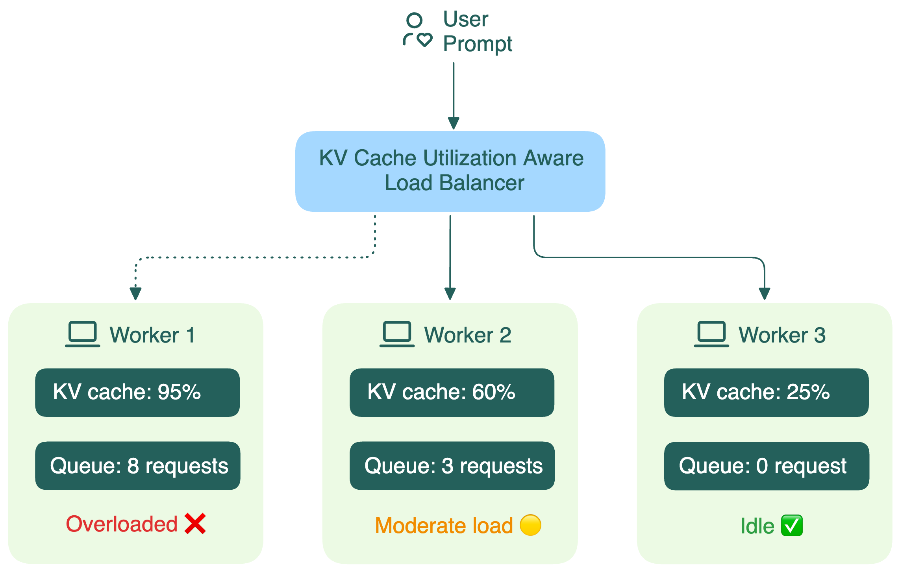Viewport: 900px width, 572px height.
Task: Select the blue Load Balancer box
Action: pos(450,172)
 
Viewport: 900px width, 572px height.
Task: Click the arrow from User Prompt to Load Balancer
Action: pos(454,94)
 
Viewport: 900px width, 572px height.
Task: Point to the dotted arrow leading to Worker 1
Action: pos(256,257)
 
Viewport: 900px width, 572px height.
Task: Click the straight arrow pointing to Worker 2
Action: pos(450,256)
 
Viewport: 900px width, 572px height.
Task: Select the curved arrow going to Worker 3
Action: pos(650,257)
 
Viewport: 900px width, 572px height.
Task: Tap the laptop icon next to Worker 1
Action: pos(82,334)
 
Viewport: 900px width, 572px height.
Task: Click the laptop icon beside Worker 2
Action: pos(397,334)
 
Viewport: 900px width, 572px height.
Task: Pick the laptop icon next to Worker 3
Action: pos(711,334)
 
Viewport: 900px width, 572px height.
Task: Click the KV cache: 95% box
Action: pos(137,392)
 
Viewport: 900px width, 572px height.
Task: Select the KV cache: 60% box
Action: pos(452,392)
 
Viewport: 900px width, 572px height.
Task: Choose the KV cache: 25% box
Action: pos(766,392)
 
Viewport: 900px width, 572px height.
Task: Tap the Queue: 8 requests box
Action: pos(137,466)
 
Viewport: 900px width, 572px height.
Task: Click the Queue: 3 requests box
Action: pos(452,466)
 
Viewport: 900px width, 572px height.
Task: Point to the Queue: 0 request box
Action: pos(766,466)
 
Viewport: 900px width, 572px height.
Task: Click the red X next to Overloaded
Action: pos(195,524)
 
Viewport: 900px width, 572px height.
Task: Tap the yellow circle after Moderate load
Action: pos(530,525)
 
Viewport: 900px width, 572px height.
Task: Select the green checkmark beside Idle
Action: pos(791,526)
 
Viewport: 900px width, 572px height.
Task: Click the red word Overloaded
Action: pos(122,524)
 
